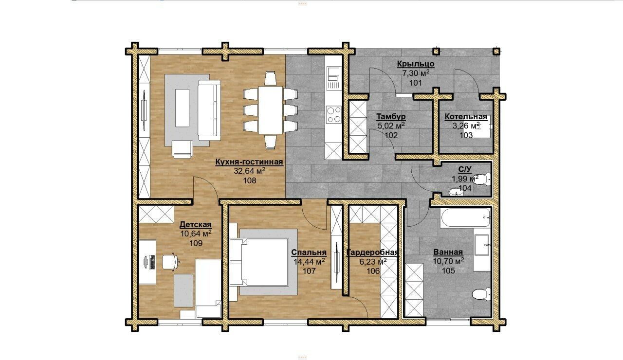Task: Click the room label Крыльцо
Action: [416, 64]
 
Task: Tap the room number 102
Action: [391, 135]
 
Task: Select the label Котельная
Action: [466, 117]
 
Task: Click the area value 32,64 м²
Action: [250, 171]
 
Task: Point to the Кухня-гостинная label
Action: [249, 162]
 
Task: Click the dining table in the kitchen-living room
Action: [270, 110]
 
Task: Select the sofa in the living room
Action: [209, 110]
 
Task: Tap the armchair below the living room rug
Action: [183, 149]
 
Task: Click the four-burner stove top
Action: [334, 114]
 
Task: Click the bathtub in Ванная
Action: [465, 217]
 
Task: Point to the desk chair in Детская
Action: [170, 262]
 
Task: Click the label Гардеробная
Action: [373, 252]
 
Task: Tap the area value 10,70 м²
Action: [448, 261]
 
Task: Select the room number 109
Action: [196, 244]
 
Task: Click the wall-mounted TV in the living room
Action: [144, 110]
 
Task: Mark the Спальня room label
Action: [309, 252]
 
